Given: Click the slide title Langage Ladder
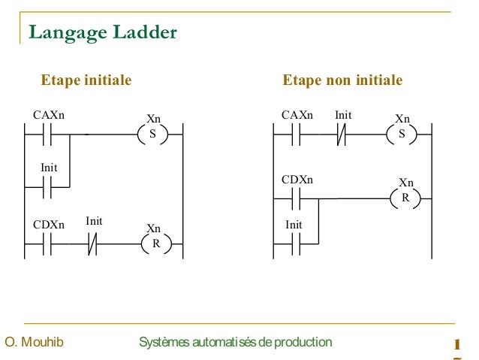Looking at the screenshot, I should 103,32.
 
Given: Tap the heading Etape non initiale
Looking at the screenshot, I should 342,80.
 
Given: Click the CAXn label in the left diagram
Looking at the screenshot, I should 50,116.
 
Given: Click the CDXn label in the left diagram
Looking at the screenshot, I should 49,225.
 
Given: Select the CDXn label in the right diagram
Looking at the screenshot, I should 297,180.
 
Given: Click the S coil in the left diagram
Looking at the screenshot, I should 153,135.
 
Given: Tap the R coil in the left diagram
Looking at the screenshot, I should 156,244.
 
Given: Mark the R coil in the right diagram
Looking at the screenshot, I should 405,199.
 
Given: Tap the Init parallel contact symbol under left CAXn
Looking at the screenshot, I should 47,188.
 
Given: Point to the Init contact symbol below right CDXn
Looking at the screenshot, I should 295,244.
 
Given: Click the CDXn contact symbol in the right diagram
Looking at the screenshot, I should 295,199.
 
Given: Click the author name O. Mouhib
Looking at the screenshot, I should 34,343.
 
